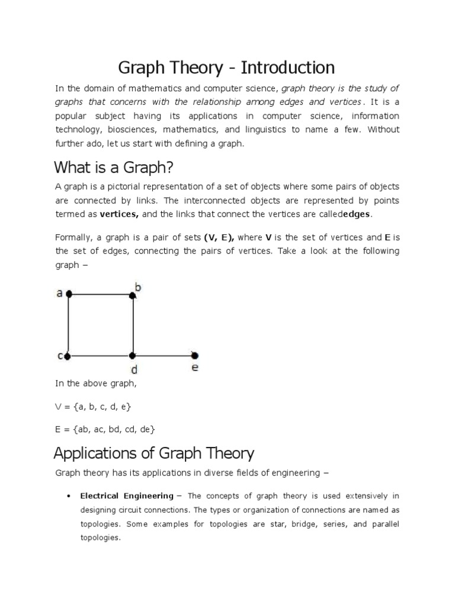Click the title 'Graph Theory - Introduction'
click(226, 66)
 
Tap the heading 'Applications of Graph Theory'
click(153, 453)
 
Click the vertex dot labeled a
click(69, 293)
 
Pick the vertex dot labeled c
click(68, 356)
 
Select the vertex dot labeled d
click(133, 356)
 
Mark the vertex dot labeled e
click(196, 356)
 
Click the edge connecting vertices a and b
click(101, 293)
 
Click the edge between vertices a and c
click(69, 325)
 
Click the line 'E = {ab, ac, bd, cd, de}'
click(105, 429)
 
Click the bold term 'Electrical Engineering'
click(127, 496)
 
